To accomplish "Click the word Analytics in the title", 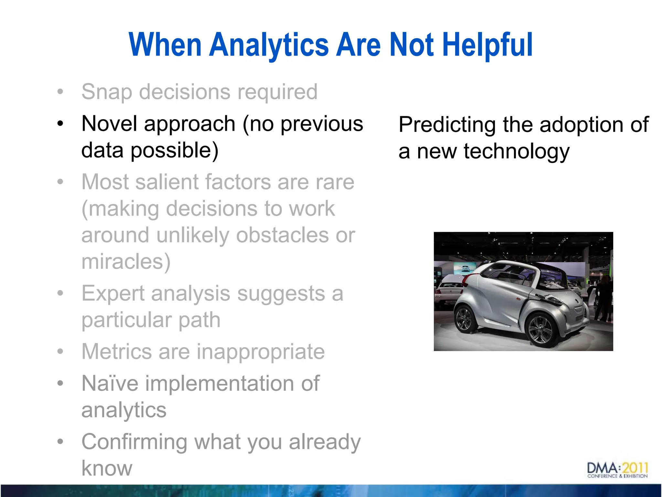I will [x=269, y=45].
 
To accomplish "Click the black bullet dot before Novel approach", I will [x=60, y=124].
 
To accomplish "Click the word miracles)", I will [x=126, y=261].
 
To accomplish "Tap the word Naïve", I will [x=110, y=384].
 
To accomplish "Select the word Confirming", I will [x=134, y=442].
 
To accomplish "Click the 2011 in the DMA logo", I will [x=635, y=468].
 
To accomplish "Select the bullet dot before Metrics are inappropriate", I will [x=60, y=352].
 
